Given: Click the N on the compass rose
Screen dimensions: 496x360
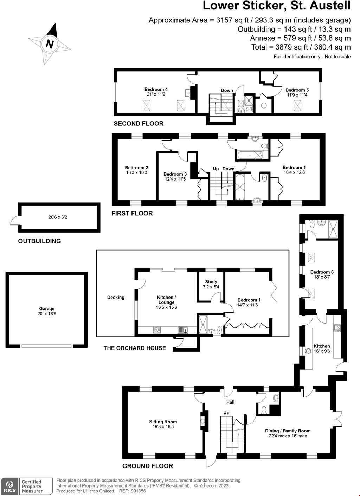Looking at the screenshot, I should pyautogui.click(x=50, y=44).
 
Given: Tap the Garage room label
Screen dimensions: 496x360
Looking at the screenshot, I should pyautogui.click(x=47, y=309).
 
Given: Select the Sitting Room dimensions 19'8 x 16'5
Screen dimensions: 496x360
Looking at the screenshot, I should pyautogui.click(x=163, y=427).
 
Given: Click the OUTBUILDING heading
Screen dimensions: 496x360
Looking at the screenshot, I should pyautogui.click(x=39, y=241).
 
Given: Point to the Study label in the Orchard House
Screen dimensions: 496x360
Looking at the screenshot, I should pyautogui.click(x=211, y=282).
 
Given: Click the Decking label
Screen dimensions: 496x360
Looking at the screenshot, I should pyautogui.click(x=116, y=298).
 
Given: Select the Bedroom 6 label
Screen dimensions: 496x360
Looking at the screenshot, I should pyautogui.click(x=322, y=272).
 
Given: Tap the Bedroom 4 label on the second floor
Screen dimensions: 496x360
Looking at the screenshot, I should pyautogui.click(x=156, y=89).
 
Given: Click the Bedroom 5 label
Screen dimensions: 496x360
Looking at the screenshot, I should pyautogui.click(x=297, y=90).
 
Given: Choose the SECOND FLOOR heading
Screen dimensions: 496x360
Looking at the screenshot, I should pyautogui.click(x=139, y=124).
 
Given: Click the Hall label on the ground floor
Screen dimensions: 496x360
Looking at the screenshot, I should pyautogui.click(x=230, y=402).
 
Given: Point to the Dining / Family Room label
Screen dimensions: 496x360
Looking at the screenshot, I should pyautogui.click(x=288, y=431).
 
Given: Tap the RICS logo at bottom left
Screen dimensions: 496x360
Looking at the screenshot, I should pyautogui.click(x=9, y=487).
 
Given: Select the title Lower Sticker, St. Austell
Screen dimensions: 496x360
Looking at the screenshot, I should pyautogui.click(x=277, y=6).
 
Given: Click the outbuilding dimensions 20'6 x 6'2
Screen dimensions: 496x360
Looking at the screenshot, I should pyautogui.click(x=58, y=217).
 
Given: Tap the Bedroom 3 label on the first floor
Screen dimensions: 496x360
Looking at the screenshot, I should pyautogui.click(x=175, y=174).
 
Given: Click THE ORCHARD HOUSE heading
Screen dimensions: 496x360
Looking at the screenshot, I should pyautogui.click(x=135, y=348).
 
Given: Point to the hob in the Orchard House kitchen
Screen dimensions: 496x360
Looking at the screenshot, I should pyautogui.click(x=156, y=330).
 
